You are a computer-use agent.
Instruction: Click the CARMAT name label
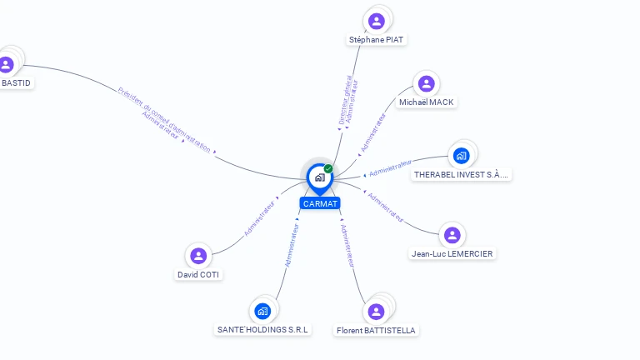(x=320, y=203)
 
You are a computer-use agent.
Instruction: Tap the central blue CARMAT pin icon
(x=319, y=177)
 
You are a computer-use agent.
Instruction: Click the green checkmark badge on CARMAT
(x=328, y=168)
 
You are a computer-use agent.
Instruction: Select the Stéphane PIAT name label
(x=377, y=39)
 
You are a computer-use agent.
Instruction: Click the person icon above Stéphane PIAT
(x=377, y=21)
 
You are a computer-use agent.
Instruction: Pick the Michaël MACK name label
(x=427, y=102)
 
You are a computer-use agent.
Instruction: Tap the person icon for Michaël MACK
(x=427, y=83)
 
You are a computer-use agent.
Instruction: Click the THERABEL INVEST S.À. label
(x=462, y=174)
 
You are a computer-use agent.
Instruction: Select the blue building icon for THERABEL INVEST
(x=461, y=155)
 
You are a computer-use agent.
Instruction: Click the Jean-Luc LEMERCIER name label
(x=452, y=253)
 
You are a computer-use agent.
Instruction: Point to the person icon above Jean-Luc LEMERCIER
(x=452, y=235)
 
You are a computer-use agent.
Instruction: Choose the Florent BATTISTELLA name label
(x=376, y=330)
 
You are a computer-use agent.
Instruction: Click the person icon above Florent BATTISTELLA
(x=376, y=312)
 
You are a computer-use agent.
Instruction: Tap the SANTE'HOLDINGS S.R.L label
(x=263, y=329)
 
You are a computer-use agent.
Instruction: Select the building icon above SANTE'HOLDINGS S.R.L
(x=263, y=311)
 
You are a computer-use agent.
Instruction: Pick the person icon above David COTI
(x=198, y=255)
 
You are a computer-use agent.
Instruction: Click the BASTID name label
(x=16, y=82)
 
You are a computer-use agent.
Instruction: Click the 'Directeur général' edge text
(x=345, y=100)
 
